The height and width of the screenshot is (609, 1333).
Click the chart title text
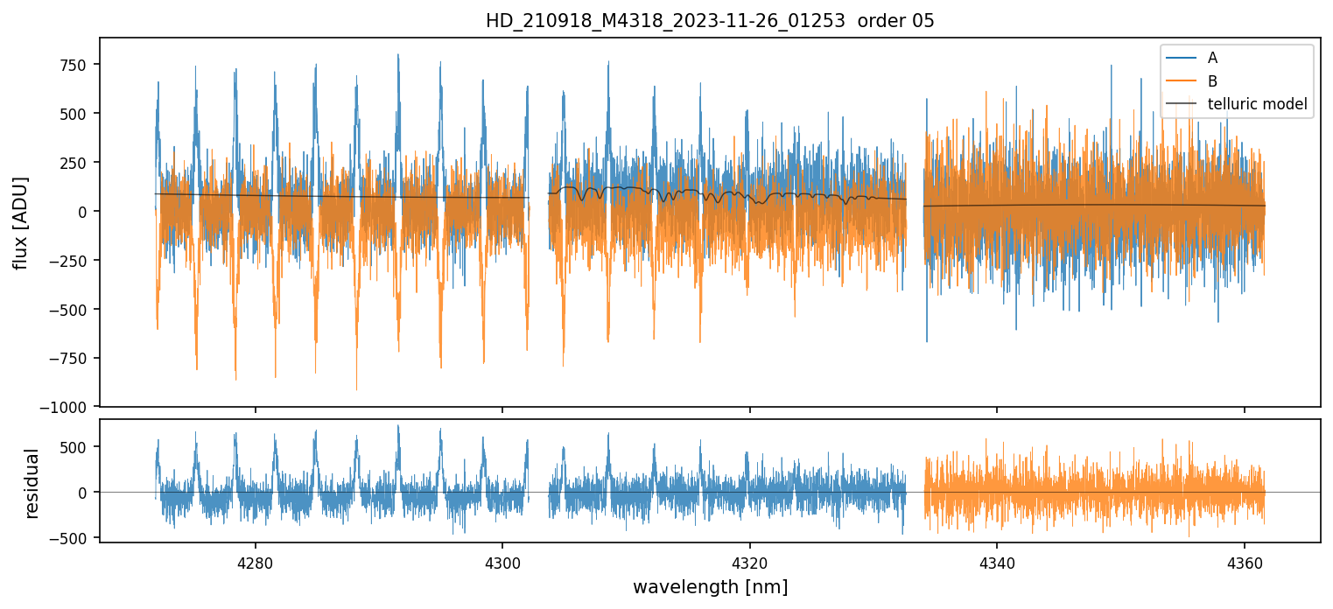click(710, 21)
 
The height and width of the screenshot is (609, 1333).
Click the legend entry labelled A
click(1212, 58)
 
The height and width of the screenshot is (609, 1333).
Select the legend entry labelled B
click(1212, 81)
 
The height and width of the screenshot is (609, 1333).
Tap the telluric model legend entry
click(1257, 105)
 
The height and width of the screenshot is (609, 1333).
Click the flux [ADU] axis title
click(20, 222)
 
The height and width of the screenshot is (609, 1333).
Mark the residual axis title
click(32, 483)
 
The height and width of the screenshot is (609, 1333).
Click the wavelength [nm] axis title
click(710, 586)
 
